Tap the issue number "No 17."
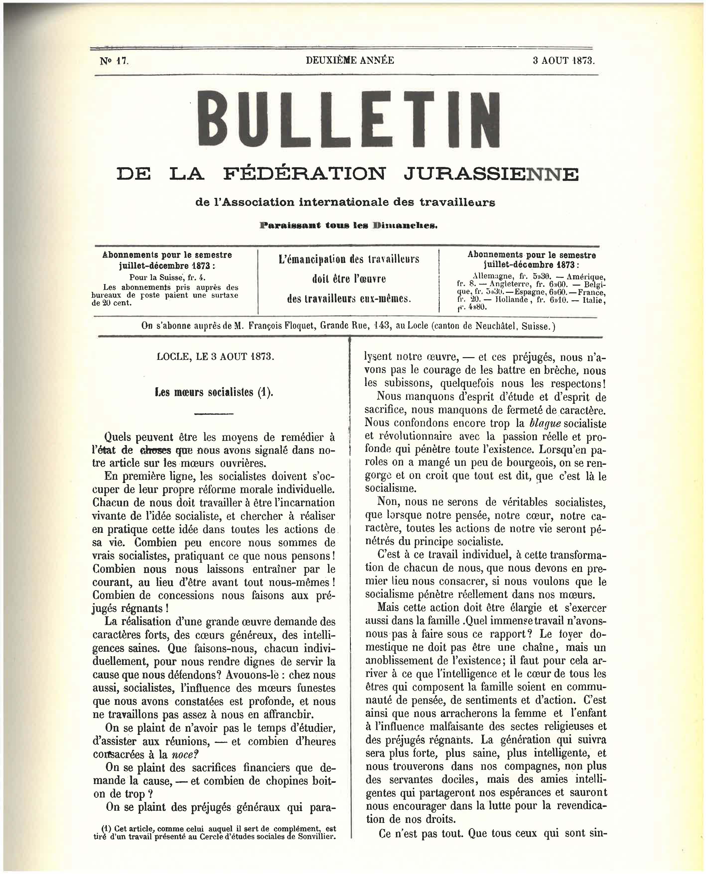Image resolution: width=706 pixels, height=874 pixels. (x=114, y=61)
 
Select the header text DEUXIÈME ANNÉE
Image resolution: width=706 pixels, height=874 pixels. (x=350, y=60)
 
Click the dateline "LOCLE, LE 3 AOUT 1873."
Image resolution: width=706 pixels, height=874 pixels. (x=215, y=357)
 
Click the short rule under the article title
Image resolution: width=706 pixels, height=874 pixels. (x=214, y=414)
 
